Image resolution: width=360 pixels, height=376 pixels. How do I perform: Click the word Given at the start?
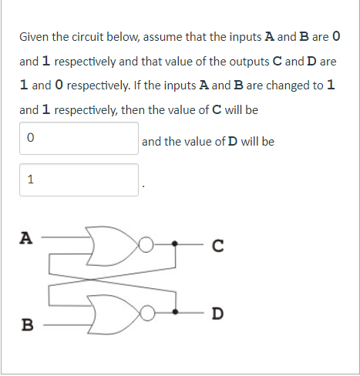pyautogui.click(x=35, y=36)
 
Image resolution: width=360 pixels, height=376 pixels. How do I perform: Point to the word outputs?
pyautogui.click(x=253, y=60)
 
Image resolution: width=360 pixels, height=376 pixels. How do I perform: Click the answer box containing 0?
pyautogui.click(x=79, y=139)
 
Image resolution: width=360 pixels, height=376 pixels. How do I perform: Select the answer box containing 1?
pyautogui.click(x=79, y=180)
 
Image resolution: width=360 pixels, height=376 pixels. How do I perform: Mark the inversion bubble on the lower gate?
pyautogui.click(x=144, y=314)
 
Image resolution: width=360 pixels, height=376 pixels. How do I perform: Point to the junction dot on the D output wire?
pyautogui.click(x=177, y=314)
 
